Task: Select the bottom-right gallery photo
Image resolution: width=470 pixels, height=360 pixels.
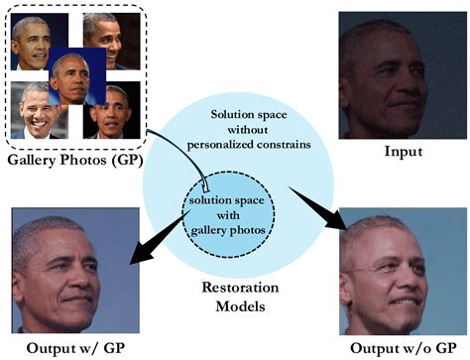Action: [110, 114]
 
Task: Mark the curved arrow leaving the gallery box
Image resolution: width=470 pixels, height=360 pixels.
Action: [183, 149]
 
